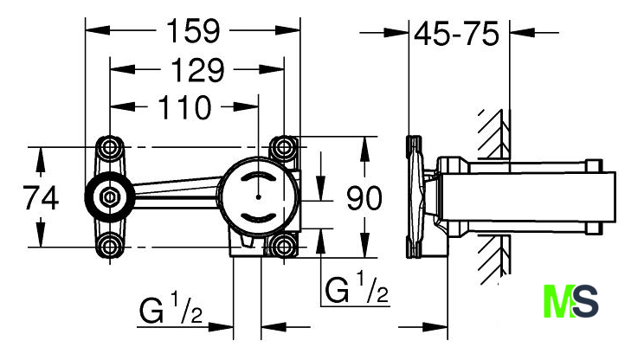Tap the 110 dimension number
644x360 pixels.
coord(183,108)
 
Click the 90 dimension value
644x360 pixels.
coord(364,199)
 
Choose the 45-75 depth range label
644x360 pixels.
coord(456,34)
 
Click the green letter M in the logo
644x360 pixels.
coord(558,304)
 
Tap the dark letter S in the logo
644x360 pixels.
coord(585,304)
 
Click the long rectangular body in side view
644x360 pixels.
coord(528,197)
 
